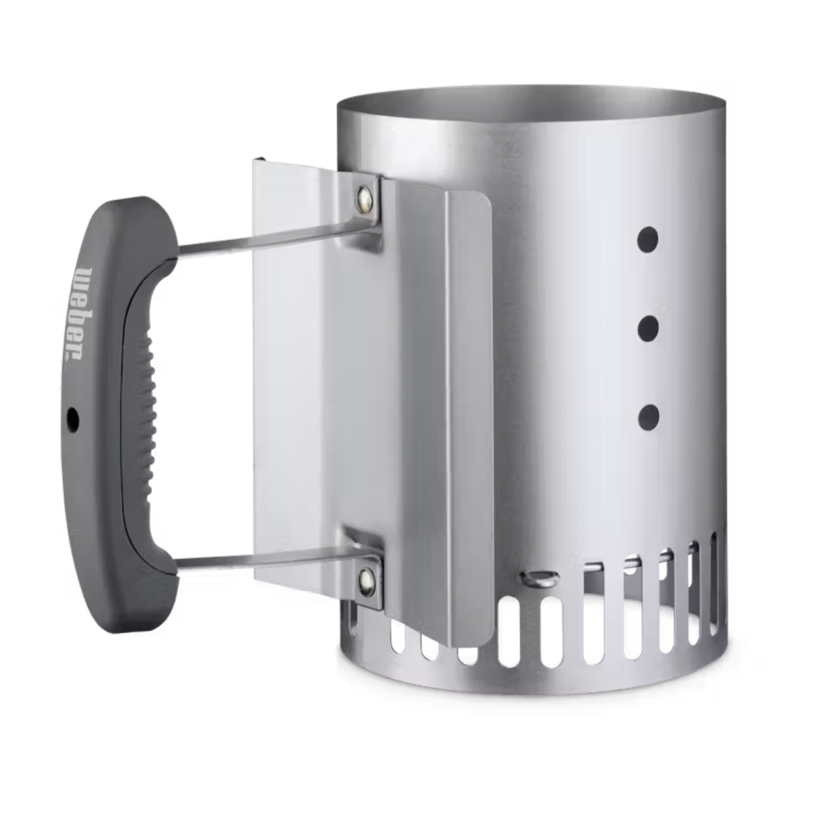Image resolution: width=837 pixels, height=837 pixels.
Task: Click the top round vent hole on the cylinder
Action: (x=648, y=240)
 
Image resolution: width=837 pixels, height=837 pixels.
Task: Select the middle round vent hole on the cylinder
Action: (x=648, y=328)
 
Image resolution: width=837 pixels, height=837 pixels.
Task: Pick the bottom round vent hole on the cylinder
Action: (x=648, y=416)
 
